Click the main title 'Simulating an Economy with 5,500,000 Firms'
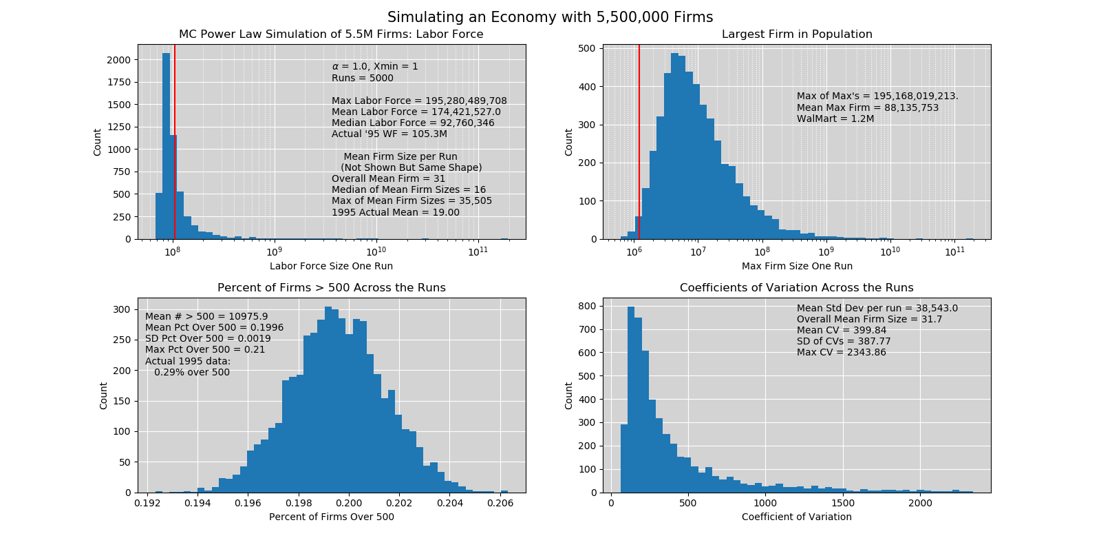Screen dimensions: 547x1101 550,17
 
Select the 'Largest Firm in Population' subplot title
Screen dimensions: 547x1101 797,34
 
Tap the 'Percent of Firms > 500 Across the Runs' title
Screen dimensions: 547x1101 331,288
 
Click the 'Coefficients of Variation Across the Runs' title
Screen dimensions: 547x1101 796,288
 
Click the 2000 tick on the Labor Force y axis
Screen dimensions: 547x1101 118,60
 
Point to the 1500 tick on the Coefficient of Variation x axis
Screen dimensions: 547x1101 843,503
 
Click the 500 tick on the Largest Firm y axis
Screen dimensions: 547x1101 587,49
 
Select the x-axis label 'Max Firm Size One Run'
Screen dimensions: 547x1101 797,266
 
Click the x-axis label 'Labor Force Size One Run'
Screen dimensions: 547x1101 331,266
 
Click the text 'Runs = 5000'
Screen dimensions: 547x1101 363,78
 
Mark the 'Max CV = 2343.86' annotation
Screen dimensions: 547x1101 841,352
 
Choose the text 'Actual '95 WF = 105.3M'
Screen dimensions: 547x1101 389,134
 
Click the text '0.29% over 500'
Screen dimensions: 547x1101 192,372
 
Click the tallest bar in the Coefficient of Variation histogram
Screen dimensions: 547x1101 631,400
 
